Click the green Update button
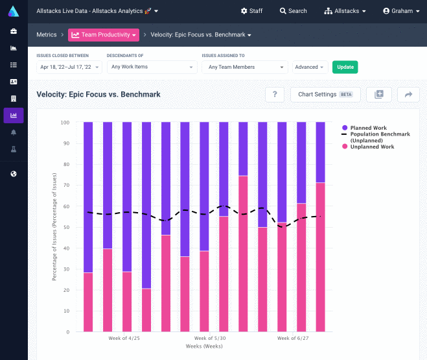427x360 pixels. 345,67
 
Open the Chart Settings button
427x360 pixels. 325,94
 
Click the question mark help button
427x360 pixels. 275,94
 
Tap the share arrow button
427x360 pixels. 408,94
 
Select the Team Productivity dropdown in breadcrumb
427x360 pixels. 104,34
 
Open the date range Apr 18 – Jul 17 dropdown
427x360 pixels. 69,67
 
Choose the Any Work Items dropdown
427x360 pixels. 152,67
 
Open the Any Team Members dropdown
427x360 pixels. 244,67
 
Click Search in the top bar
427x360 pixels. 294,11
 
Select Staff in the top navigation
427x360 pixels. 251,11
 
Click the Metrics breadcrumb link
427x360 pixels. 47,34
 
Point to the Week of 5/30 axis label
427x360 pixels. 210,338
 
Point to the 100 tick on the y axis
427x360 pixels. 65,122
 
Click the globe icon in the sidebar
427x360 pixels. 14,174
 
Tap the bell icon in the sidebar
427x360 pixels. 14,132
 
